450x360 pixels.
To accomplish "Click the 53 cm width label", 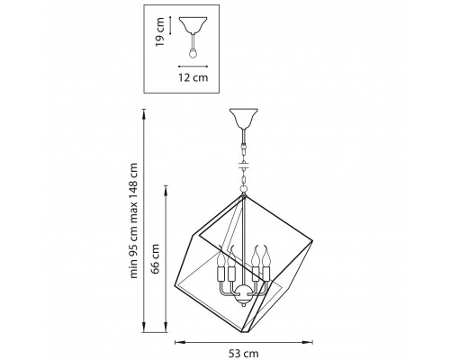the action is pyautogui.click(x=243, y=354).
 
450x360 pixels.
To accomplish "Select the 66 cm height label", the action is pyautogui.click(x=155, y=259).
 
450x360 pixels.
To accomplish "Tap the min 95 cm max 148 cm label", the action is pyautogui.click(x=133, y=220).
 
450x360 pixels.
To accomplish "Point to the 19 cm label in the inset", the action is pyautogui.click(x=160, y=31).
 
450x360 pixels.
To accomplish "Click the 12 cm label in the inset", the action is pyautogui.click(x=193, y=77).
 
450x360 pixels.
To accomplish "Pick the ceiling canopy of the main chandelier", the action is pyautogui.click(x=244, y=118).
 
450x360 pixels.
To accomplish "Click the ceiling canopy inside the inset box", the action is pyautogui.click(x=193, y=24).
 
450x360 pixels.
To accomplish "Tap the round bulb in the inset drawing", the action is pyautogui.click(x=193, y=54).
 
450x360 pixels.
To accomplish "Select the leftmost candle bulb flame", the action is pyautogui.click(x=221, y=256).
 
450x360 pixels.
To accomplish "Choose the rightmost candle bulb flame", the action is pyautogui.click(x=266, y=255).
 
